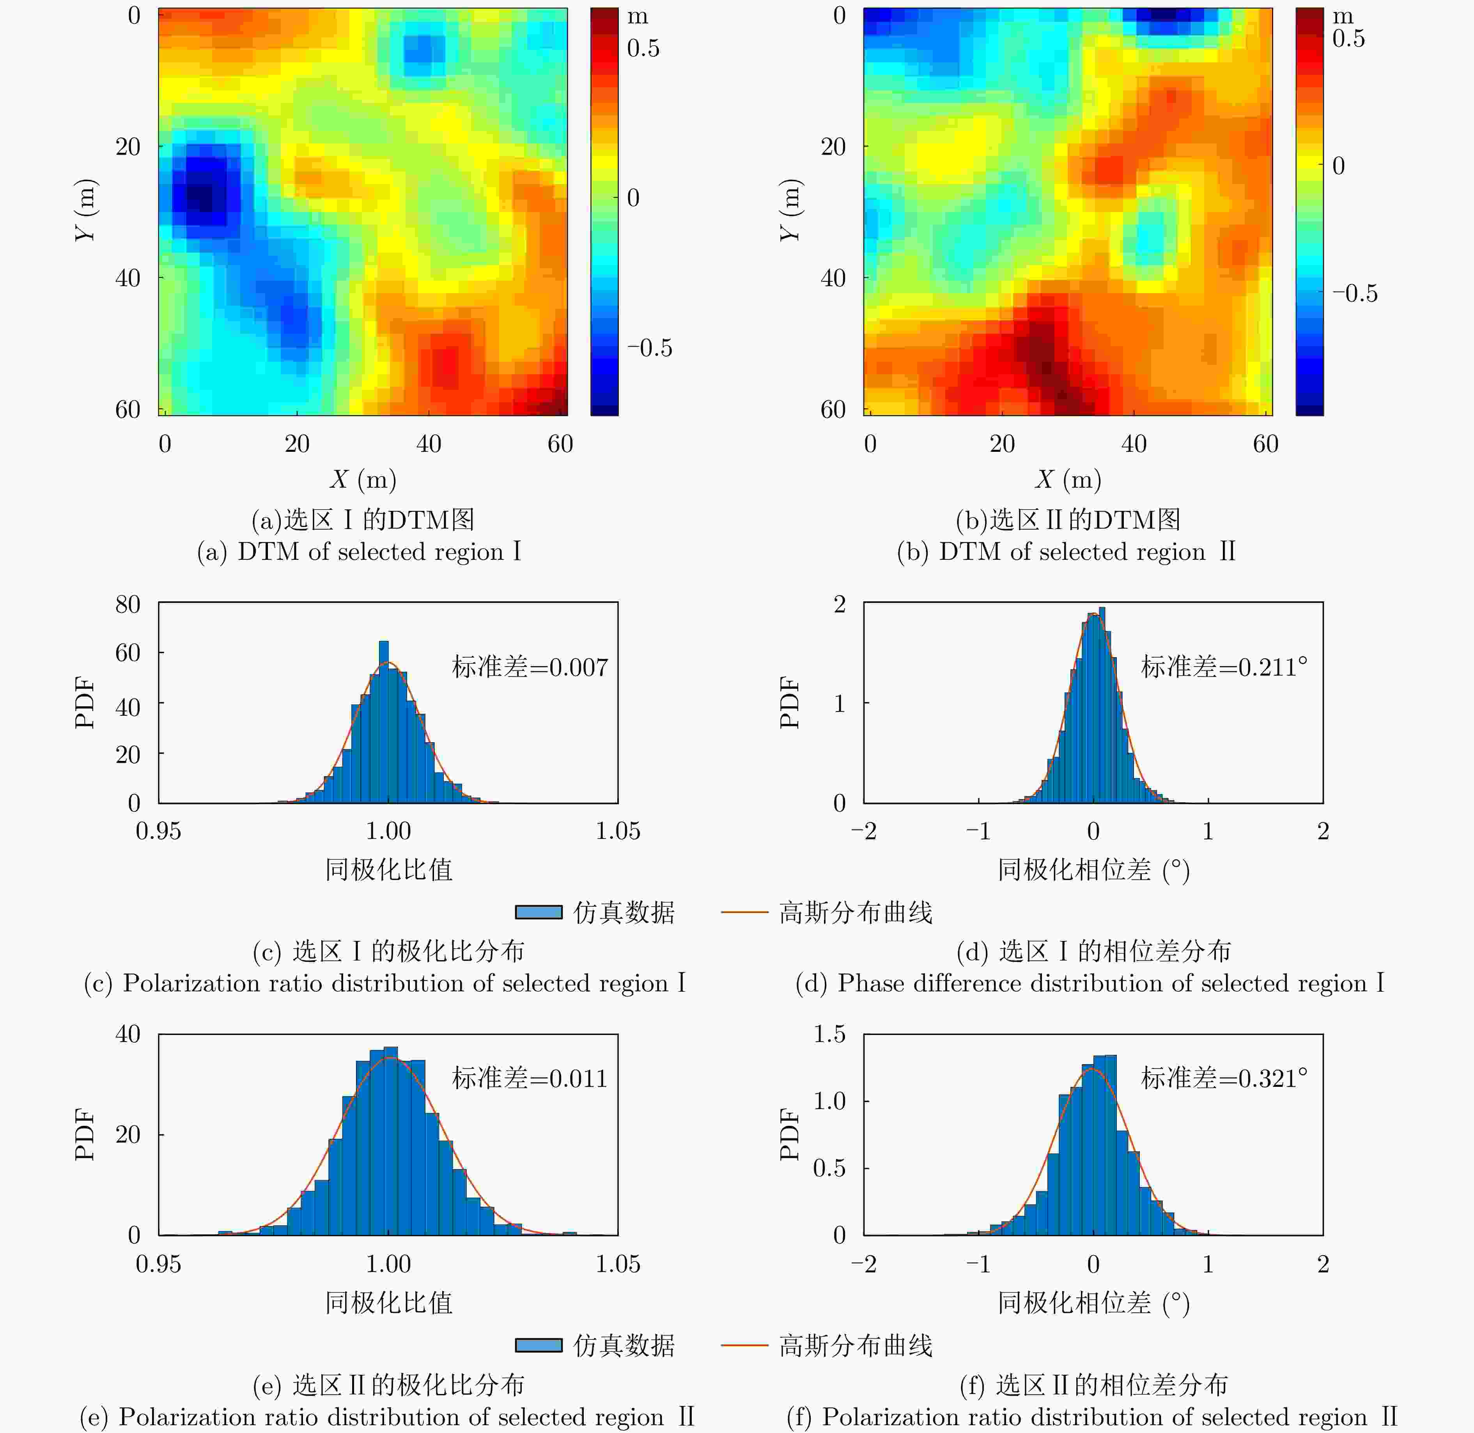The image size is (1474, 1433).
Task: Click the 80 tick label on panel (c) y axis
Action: coord(128,604)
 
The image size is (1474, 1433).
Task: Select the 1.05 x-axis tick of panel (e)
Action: coord(617,1264)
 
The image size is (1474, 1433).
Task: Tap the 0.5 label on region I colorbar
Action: coord(643,48)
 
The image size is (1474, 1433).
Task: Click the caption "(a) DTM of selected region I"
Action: coord(359,552)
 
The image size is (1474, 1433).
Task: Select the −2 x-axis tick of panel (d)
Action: coord(863,831)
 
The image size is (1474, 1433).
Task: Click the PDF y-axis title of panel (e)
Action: coord(85,1134)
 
